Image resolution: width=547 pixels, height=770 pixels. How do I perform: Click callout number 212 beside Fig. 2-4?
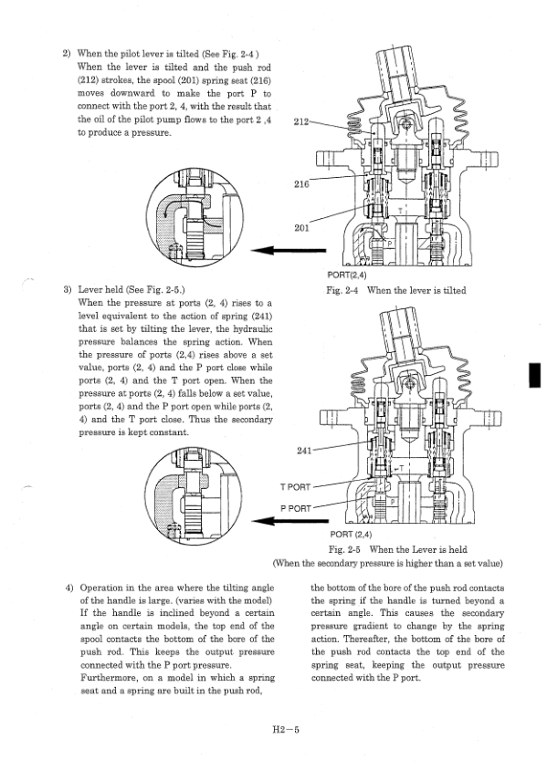pos(300,121)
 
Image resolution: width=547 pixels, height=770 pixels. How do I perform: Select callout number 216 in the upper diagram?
pos(301,184)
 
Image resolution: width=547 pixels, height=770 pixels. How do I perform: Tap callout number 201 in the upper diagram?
pos(301,227)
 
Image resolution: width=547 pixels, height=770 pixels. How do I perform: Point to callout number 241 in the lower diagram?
pos(304,451)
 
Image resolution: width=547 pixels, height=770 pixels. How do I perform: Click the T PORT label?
pos(295,486)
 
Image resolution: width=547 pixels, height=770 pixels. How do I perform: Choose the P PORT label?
pos(295,508)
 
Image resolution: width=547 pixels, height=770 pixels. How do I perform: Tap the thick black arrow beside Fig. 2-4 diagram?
pos(289,250)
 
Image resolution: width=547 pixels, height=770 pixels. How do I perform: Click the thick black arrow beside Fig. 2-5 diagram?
pos(290,521)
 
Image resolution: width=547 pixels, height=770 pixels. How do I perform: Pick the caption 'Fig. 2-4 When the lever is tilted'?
pos(396,290)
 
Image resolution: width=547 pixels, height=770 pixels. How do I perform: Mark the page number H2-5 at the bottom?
pos(286,729)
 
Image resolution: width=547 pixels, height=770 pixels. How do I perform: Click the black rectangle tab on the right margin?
pos(535,375)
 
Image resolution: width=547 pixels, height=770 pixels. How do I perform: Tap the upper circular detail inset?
pos(195,216)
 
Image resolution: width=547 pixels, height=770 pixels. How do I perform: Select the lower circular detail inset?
pos(195,495)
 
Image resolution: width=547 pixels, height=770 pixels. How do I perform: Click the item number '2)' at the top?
pos(67,54)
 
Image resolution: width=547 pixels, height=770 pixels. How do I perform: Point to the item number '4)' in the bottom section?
pos(69,588)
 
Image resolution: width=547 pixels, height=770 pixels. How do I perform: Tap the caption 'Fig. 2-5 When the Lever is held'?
pos(398,549)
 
